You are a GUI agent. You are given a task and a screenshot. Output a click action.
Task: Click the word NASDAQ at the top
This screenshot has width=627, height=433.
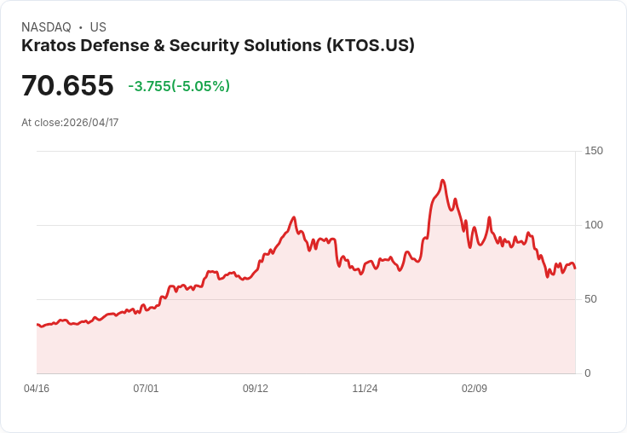[x=46, y=27]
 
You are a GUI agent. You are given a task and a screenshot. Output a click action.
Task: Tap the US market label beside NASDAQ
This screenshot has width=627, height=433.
[x=98, y=27]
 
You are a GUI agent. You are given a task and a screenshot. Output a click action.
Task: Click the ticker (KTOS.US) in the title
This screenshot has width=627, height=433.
[x=370, y=45]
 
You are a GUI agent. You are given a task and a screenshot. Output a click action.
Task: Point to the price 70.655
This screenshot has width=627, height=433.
[x=67, y=86]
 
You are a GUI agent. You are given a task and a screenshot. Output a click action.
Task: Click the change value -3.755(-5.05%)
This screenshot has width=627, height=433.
[x=179, y=86]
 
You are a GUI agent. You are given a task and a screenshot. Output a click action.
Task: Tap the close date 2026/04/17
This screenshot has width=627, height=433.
[x=90, y=123]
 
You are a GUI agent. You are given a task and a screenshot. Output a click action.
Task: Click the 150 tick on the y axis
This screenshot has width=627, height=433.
[x=594, y=151]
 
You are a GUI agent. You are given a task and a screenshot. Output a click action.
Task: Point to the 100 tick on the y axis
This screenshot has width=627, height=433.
[x=594, y=225]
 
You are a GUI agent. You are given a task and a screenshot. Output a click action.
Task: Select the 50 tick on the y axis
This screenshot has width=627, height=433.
[x=591, y=299]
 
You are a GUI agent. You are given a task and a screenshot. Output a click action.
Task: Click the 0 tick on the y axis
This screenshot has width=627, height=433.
[x=588, y=373]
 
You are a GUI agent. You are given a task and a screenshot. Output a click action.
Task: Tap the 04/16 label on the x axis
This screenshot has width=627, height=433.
[x=37, y=389]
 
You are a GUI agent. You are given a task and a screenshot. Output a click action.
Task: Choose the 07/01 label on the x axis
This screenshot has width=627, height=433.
[x=146, y=389]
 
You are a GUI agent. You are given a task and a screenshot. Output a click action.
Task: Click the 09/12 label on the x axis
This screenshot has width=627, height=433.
[x=256, y=389]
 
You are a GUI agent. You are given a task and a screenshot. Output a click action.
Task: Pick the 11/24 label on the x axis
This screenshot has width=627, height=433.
[x=365, y=389]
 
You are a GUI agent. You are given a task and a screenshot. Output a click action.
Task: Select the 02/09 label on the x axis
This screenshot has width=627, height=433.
[x=475, y=389]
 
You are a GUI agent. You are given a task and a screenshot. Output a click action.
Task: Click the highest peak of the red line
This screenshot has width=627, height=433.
[x=442, y=181]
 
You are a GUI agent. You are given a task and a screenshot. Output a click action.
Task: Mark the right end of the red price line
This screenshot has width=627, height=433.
[x=575, y=268]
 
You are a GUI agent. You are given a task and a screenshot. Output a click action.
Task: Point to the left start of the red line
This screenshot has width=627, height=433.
[x=37, y=324]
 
